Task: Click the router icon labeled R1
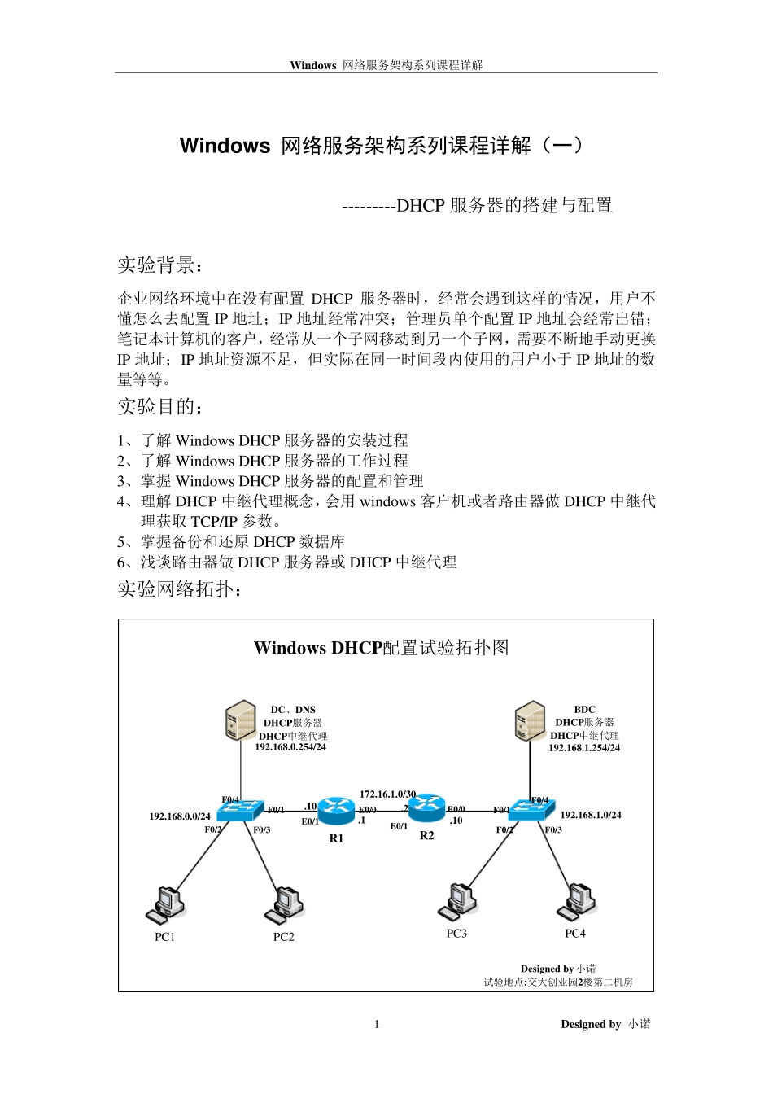pyautogui.click(x=334, y=810)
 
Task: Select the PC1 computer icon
pyautogui.click(x=166, y=904)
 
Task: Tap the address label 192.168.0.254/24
pyautogui.click(x=290, y=746)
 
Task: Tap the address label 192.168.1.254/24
pyautogui.click(x=584, y=747)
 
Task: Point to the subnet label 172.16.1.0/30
pyautogui.click(x=388, y=794)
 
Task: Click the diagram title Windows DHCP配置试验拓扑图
pyautogui.click(x=382, y=648)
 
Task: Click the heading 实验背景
pyautogui.click(x=160, y=265)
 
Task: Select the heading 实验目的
pyautogui.click(x=160, y=406)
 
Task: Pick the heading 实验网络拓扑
pyautogui.click(x=179, y=589)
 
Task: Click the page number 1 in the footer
pyautogui.click(x=377, y=1024)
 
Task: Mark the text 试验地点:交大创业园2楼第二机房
pyautogui.click(x=558, y=982)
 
